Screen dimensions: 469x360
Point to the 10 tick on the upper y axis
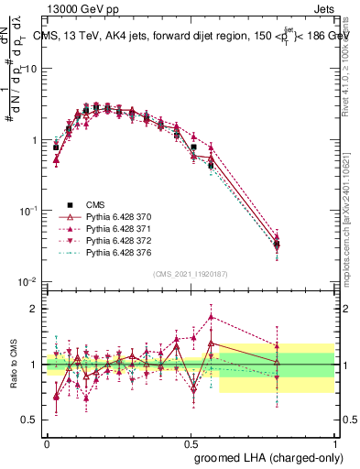(31, 69)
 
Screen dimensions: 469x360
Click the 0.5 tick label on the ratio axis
(33, 420)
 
